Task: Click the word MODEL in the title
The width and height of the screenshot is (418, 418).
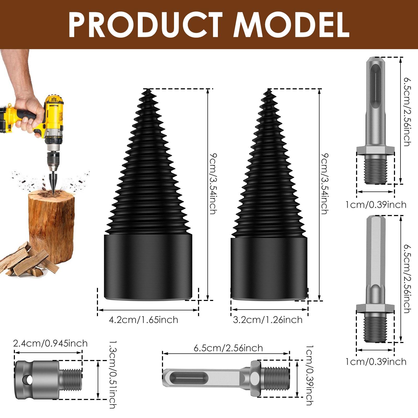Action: [291, 25]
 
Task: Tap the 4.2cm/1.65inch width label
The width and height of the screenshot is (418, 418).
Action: [143, 320]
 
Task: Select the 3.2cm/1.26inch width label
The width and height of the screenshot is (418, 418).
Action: [268, 320]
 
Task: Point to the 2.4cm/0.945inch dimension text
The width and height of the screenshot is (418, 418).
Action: [50, 343]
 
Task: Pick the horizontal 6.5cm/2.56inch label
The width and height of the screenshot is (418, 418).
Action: [228, 348]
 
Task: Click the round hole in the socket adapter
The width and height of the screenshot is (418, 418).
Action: [27, 380]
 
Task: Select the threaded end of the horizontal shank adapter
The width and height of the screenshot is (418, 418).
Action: [277, 376]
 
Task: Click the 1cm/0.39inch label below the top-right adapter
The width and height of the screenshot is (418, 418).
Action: [376, 205]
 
